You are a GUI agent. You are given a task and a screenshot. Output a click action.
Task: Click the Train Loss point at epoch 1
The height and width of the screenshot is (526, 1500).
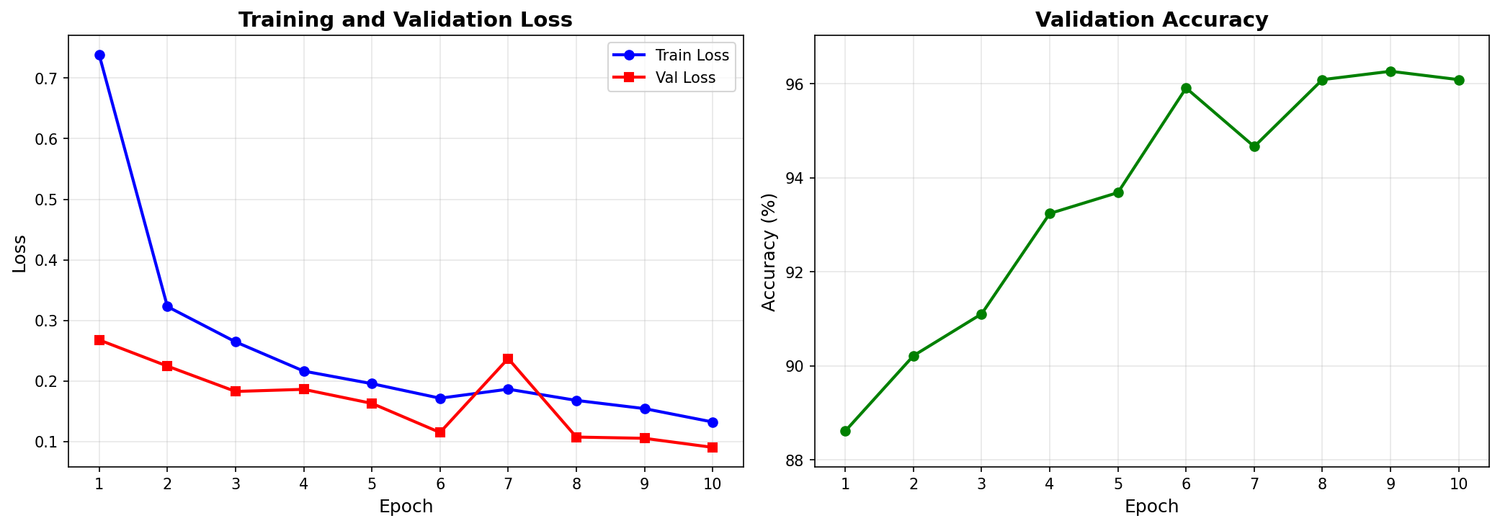(x=99, y=55)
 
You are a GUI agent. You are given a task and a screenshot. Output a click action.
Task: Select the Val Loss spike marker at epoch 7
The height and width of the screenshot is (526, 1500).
(x=508, y=359)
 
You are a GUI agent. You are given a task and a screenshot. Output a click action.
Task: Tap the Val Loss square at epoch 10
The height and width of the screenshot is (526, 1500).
(x=713, y=447)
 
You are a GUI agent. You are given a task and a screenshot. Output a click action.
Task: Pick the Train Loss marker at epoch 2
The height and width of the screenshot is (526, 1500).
(x=167, y=306)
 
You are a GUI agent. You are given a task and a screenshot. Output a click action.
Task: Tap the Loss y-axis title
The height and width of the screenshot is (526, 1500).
(x=20, y=254)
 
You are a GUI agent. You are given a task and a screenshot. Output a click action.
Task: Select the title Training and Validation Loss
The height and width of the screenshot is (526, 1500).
(x=405, y=20)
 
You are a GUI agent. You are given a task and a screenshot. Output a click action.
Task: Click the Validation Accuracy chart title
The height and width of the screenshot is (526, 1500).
(x=1151, y=20)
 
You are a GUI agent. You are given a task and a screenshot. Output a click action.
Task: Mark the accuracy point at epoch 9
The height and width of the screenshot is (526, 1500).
(x=1390, y=71)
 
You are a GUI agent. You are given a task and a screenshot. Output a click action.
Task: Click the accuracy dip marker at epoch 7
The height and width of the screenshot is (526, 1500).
(x=1254, y=146)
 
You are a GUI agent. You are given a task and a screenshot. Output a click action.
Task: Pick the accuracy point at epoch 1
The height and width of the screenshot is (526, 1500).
(x=845, y=431)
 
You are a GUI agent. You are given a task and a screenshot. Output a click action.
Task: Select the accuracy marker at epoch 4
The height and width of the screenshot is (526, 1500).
(x=1050, y=213)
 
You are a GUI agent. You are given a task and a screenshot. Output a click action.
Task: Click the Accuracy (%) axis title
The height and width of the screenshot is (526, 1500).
(x=769, y=252)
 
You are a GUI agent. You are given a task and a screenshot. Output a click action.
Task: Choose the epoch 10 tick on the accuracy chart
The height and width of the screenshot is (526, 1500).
(x=1458, y=484)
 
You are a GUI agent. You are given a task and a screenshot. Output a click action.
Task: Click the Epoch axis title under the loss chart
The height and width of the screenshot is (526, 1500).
(x=406, y=507)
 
